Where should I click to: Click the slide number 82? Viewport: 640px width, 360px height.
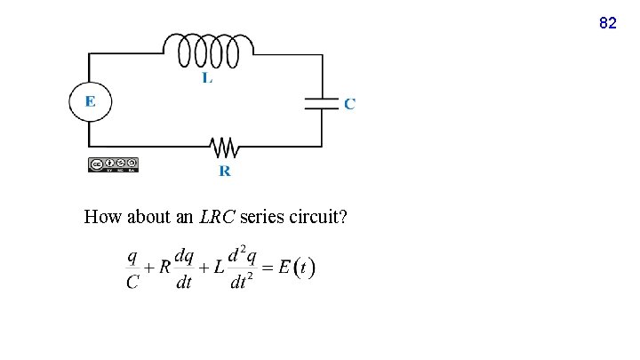pos(608,23)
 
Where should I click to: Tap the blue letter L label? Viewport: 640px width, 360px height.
pos(207,78)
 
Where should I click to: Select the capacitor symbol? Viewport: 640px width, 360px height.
pos(322,101)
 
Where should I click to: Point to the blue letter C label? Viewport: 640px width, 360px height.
pos(349,104)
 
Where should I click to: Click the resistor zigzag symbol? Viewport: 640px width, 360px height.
pos(221,145)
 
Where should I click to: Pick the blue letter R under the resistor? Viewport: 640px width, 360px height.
pos(225,171)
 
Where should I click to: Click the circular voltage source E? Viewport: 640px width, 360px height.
pos(90,101)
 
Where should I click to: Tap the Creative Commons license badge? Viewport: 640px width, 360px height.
pos(113,164)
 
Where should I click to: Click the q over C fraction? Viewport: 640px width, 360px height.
pos(132,268)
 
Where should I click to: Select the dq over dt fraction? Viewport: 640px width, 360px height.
pos(184,268)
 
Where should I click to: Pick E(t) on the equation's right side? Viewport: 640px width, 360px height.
pos(297,268)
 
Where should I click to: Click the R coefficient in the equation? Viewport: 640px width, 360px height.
pos(164,268)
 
